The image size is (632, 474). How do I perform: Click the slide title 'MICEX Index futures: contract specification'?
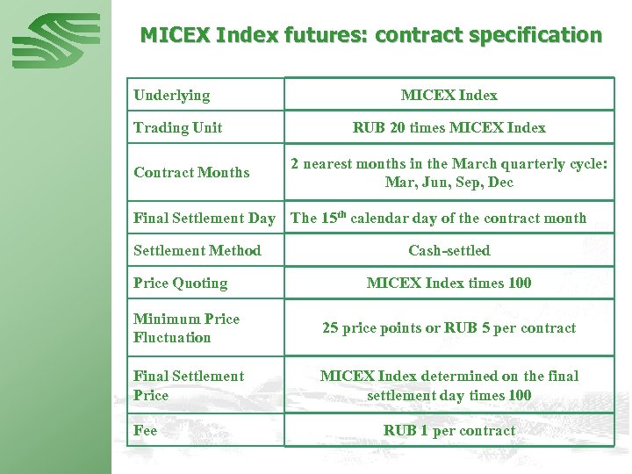click(371, 36)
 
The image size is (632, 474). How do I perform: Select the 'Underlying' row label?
click(171, 95)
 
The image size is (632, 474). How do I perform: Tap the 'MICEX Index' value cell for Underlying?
click(449, 95)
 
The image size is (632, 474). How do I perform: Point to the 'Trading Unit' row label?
click(177, 127)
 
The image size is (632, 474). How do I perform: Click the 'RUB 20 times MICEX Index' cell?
click(449, 127)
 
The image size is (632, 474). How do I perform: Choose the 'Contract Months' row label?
click(191, 172)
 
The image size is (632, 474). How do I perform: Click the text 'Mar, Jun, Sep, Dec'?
click(449, 183)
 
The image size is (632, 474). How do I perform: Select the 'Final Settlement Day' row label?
click(204, 218)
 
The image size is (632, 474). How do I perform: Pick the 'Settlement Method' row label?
click(197, 250)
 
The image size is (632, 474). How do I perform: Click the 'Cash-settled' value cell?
click(449, 250)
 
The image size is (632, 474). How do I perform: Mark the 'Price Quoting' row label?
click(180, 283)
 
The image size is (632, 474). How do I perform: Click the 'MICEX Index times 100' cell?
click(449, 283)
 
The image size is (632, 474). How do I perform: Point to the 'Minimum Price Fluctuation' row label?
click(186, 327)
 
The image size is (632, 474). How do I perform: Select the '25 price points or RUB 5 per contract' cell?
click(449, 327)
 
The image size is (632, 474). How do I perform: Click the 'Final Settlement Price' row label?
click(189, 385)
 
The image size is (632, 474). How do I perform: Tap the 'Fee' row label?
click(146, 430)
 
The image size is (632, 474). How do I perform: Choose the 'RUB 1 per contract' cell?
click(449, 430)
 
